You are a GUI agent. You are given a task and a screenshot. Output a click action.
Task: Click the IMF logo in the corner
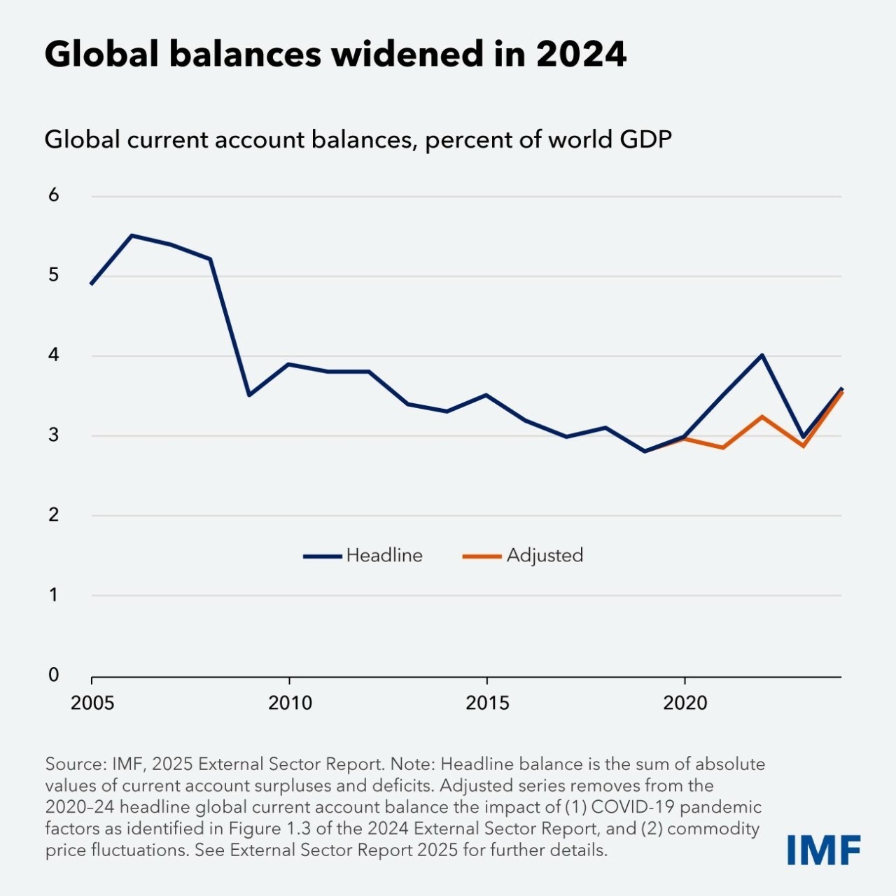(823, 850)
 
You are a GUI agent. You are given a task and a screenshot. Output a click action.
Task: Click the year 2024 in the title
(581, 54)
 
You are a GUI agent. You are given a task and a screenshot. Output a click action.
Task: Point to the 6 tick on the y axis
(54, 195)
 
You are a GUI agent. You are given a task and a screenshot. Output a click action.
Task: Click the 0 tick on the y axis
(54, 675)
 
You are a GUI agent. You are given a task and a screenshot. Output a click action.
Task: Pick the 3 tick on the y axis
(54, 435)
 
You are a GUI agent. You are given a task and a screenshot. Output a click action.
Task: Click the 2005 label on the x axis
(92, 703)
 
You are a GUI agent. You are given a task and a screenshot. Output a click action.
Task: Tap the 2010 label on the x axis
(290, 703)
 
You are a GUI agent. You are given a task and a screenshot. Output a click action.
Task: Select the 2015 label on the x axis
(487, 703)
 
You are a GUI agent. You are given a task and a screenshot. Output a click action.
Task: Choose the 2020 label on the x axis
(685, 703)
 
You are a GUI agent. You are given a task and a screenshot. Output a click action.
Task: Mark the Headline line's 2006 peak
(132, 236)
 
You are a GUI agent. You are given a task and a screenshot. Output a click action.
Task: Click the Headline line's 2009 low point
(250, 395)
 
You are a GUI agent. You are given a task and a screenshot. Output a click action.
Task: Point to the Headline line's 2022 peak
(762, 355)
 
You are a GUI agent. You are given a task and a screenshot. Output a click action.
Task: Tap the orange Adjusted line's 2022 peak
(762, 416)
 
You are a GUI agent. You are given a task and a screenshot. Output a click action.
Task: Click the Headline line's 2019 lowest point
(645, 451)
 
